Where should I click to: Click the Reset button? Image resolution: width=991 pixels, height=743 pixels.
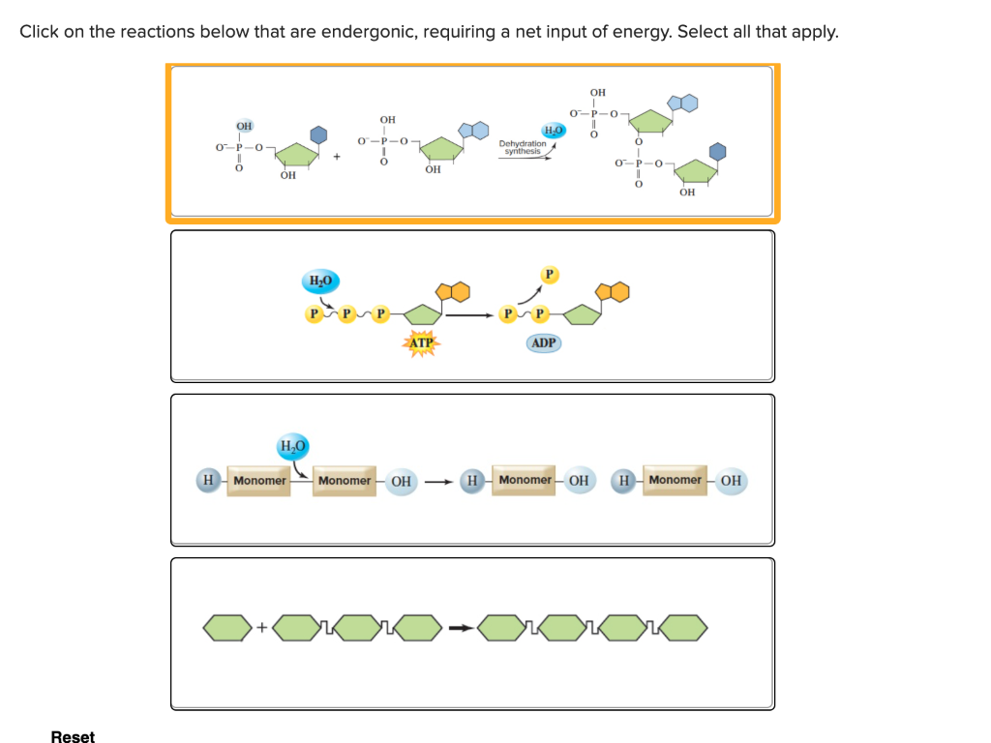[x=73, y=737]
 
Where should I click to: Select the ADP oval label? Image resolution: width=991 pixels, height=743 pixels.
[x=544, y=343]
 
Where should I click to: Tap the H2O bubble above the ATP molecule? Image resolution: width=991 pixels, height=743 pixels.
[x=320, y=282]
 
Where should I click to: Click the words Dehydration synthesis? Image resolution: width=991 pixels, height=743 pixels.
[x=523, y=147]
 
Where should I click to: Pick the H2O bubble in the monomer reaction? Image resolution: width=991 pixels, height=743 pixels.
[x=292, y=446]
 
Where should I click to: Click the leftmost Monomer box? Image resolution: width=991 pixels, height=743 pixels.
[x=259, y=481]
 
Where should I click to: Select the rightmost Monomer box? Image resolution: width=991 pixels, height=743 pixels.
[x=675, y=480]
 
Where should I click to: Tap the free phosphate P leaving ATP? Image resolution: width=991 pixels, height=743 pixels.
[x=549, y=275]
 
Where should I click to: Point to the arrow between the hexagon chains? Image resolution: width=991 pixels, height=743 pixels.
[x=462, y=629]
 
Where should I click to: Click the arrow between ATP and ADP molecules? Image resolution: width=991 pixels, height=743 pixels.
[x=468, y=314]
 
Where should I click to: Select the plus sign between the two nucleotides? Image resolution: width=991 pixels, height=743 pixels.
[x=338, y=155]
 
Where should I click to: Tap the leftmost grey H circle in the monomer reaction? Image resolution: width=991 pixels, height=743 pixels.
[x=207, y=481]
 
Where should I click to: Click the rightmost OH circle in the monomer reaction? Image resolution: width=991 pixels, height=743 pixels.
[x=731, y=480]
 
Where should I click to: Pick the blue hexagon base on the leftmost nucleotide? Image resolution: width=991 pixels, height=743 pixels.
[x=317, y=134]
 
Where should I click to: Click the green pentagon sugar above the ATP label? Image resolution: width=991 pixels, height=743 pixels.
[x=422, y=313]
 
